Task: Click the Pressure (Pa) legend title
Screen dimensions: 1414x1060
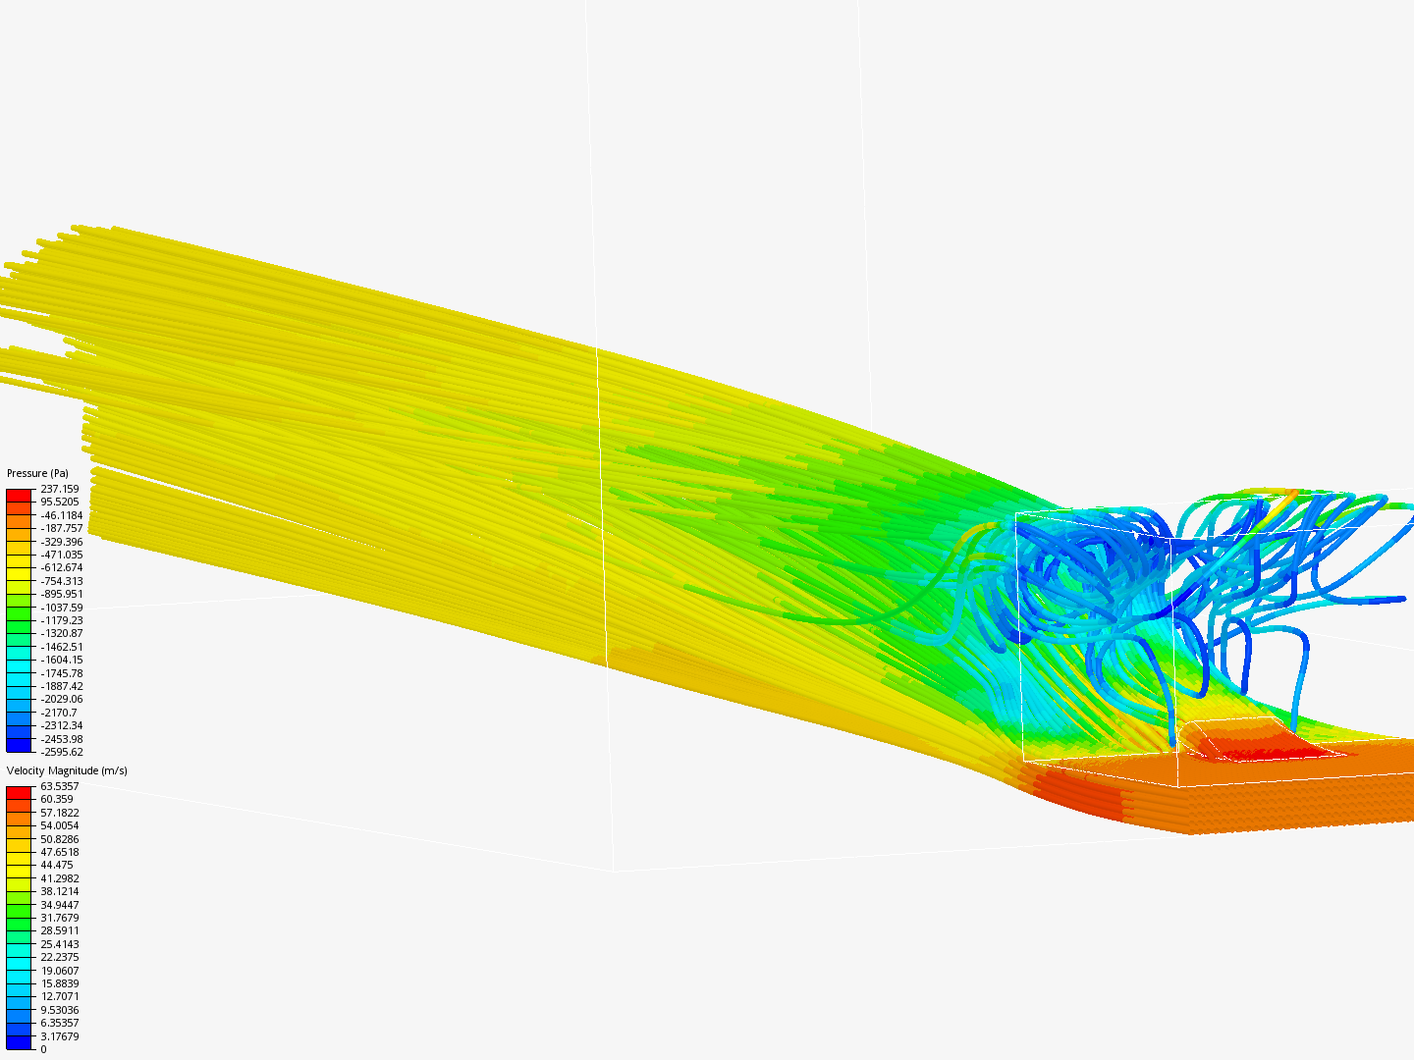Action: [x=37, y=473]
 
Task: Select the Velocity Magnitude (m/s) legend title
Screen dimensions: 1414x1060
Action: [x=67, y=770]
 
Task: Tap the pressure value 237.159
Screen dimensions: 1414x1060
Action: [x=60, y=489]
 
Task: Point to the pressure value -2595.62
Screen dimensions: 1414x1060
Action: [x=61, y=752]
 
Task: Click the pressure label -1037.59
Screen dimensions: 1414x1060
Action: [x=61, y=608]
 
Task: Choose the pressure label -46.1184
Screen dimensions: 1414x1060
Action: [x=61, y=515]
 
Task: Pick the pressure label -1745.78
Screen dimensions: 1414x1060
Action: [x=61, y=673]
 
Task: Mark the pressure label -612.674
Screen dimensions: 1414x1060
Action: [x=61, y=567]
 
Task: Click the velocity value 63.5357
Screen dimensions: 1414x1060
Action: [x=60, y=786]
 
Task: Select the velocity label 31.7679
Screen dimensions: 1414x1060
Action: [x=60, y=918]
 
